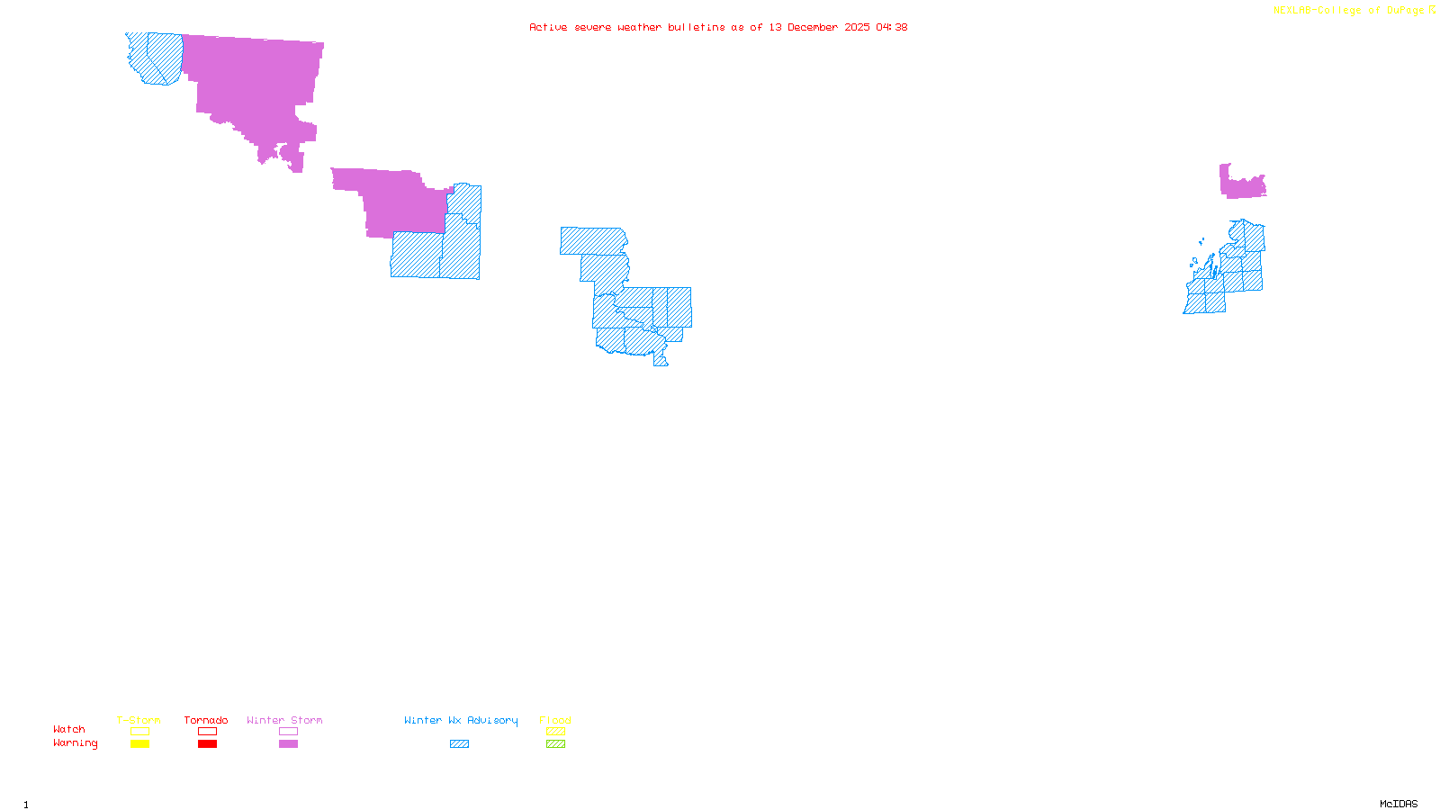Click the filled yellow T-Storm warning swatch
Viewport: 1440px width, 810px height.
pos(139,744)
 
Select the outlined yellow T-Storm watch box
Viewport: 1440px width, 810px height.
pos(139,732)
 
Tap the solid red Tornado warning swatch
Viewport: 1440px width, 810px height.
pos(207,744)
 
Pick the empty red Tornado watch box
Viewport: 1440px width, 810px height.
pos(207,732)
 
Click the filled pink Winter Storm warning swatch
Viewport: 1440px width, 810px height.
pos(288,744)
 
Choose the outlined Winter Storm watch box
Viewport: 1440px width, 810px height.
pos(288,732)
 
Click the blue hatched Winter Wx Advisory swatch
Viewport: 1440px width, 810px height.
pos(459,744)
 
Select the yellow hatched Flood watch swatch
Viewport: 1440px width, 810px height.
pos(555,732)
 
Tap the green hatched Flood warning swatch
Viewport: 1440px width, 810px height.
pos(555,744)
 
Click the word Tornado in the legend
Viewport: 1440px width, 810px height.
pos(206,720)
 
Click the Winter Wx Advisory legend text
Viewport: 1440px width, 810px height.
pos(461,720)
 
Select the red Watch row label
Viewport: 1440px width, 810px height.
pos(69,729)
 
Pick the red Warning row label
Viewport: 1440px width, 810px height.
pos(75,743)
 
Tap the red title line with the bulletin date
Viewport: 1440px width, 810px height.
pos(718,27)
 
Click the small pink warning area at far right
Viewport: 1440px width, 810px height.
pos(1242,184)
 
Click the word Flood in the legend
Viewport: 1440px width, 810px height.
pos(555,720)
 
